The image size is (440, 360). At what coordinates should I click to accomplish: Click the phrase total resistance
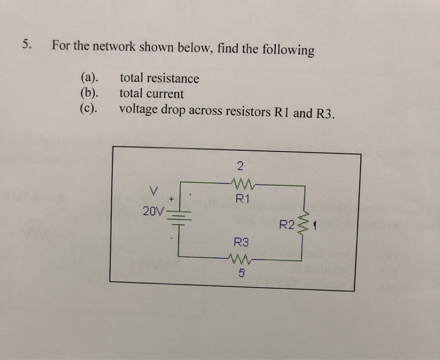(159, 79)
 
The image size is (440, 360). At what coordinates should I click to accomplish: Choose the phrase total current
(151, 94)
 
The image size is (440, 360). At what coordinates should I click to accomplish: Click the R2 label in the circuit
(287, 224)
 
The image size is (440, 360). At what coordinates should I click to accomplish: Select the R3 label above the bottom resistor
(241, 241)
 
